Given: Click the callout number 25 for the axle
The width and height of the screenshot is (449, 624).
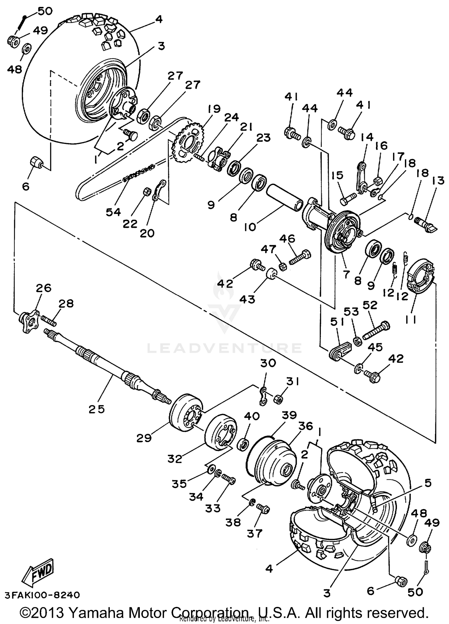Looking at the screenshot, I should (97, 409).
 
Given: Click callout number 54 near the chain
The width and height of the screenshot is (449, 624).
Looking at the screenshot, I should (113, 212).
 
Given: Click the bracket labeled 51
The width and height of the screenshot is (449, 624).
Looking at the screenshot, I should (340, 351).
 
